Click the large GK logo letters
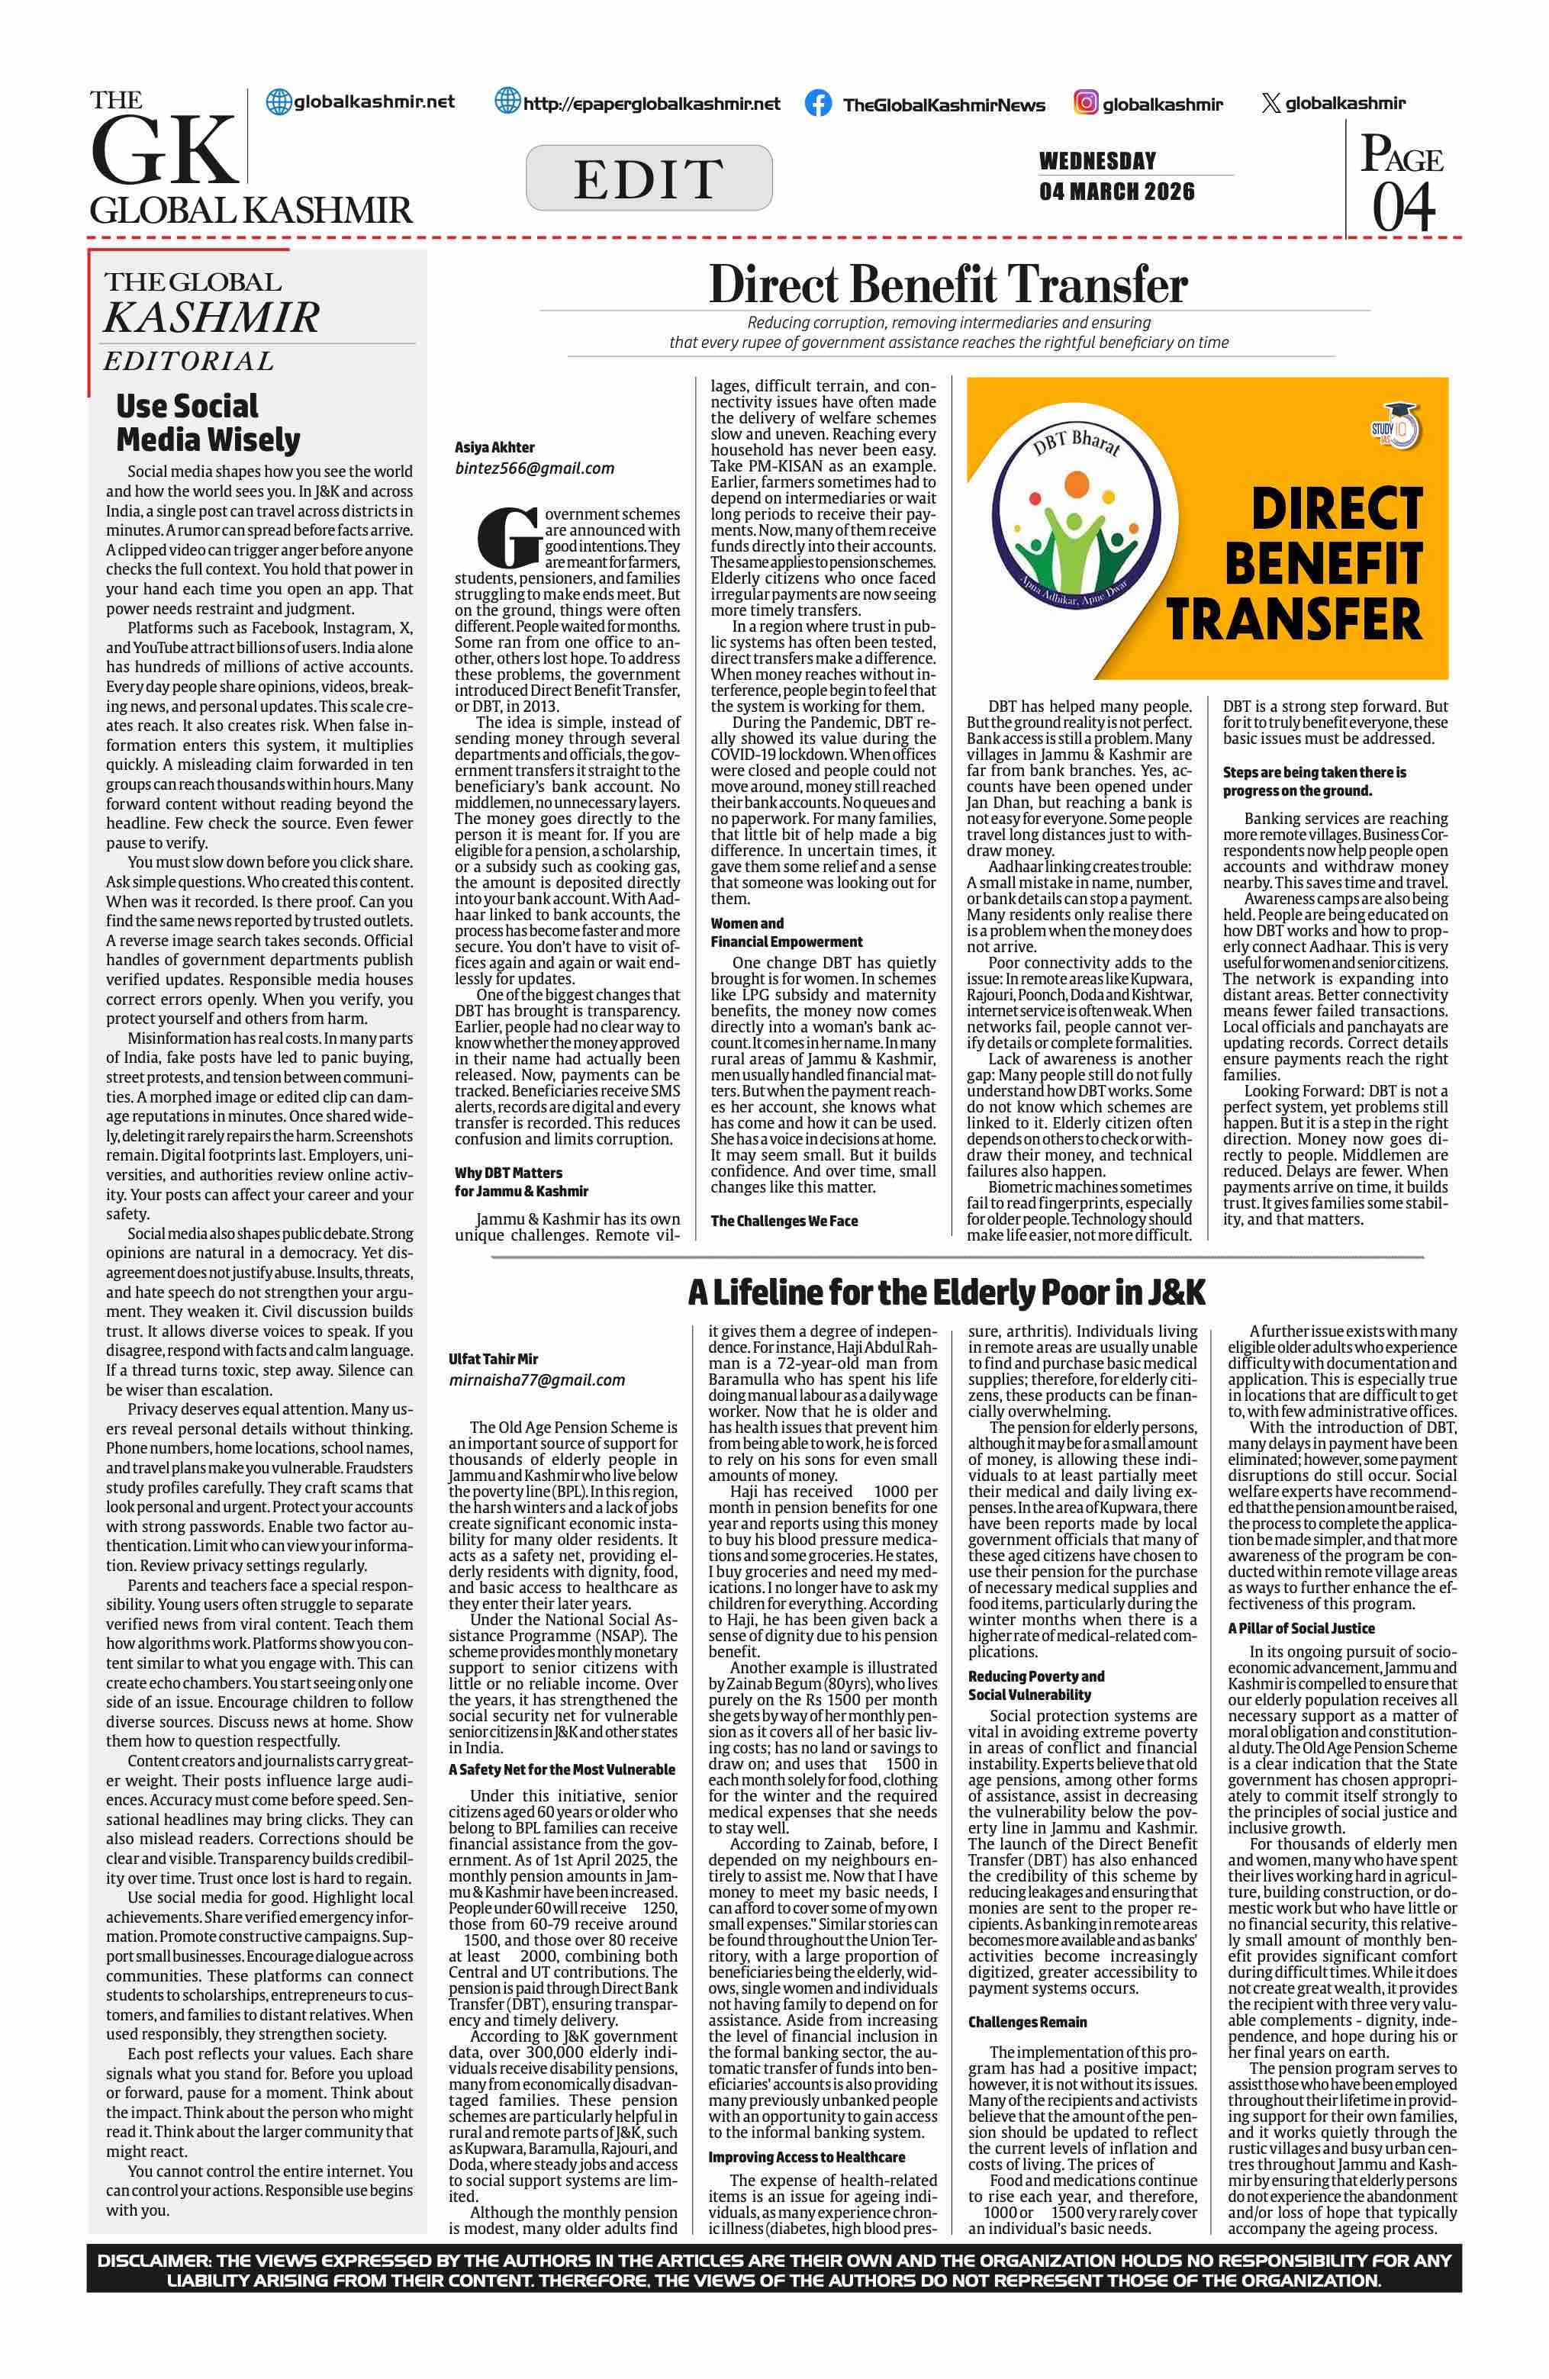(x=164, y=150)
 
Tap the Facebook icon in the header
(x=817, y=103)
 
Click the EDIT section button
(x=649, y=178)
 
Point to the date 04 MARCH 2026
(x=1116, y=191)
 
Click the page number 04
(x=1403, y=207)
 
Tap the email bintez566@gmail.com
(x=535, y=468)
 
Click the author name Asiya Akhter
(x=494, y=447)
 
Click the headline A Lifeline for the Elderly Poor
(x=945, y=1293)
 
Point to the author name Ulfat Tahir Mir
(x=493, y=1358)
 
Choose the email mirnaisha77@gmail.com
(x=536, y=1379)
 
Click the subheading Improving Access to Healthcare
(x=807, y=2157)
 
